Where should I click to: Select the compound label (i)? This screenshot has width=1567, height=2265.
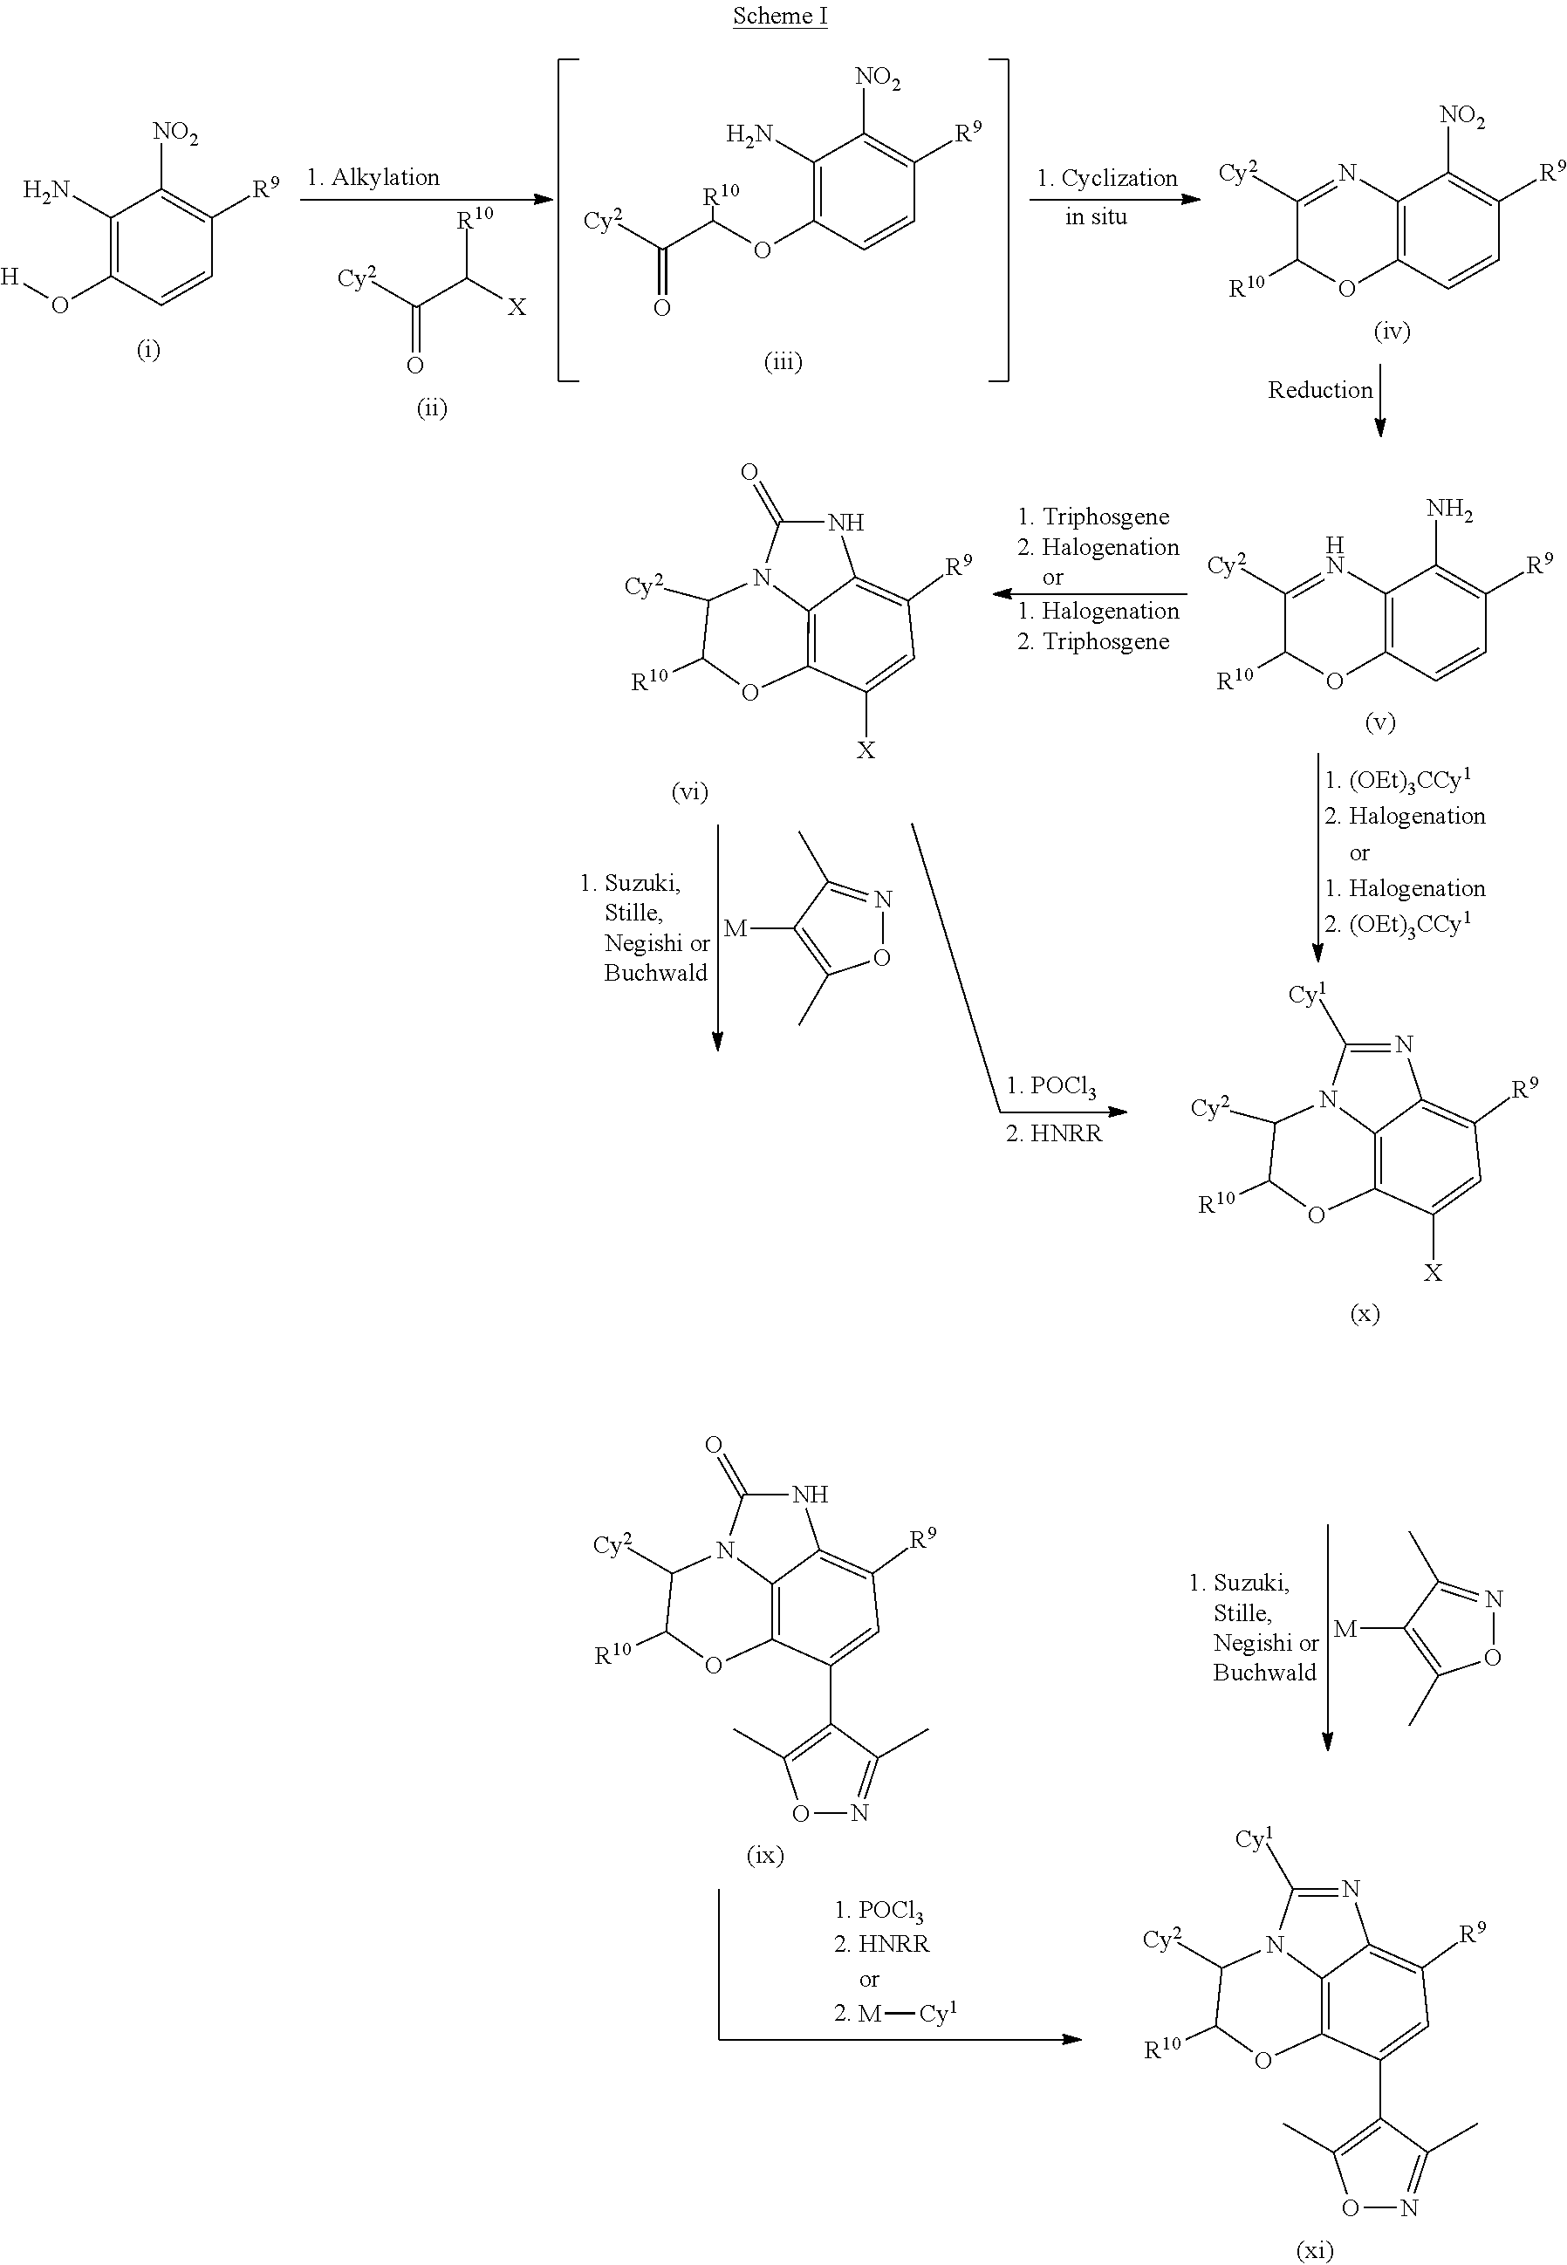(148, 350)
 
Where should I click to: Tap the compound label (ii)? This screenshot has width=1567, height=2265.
(431, 407)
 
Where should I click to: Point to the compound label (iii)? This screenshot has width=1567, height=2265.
(783, 362)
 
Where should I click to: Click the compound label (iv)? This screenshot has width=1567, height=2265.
(1392, 331)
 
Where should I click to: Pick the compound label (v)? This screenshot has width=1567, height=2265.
(1379, 722)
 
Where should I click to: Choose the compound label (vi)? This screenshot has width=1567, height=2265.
(689, 791)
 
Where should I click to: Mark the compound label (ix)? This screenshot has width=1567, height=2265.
(765, 1855)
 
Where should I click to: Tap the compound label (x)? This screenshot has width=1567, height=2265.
(1365, 1312)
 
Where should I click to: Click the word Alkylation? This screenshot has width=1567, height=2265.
(385, 178)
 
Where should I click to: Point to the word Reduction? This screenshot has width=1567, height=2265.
(1319, 391)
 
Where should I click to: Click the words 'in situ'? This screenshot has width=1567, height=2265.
(1096, 217)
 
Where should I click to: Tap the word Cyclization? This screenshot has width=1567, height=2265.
(1119, 179)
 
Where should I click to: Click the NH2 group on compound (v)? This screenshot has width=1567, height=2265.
(1449, 510)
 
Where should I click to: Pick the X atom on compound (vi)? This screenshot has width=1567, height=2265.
(865, 750)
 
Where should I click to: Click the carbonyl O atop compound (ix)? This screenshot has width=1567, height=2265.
(714, 1445)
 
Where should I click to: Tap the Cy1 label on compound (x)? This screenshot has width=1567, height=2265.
(1308, 995)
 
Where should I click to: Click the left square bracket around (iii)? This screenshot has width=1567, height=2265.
(567, 219)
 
